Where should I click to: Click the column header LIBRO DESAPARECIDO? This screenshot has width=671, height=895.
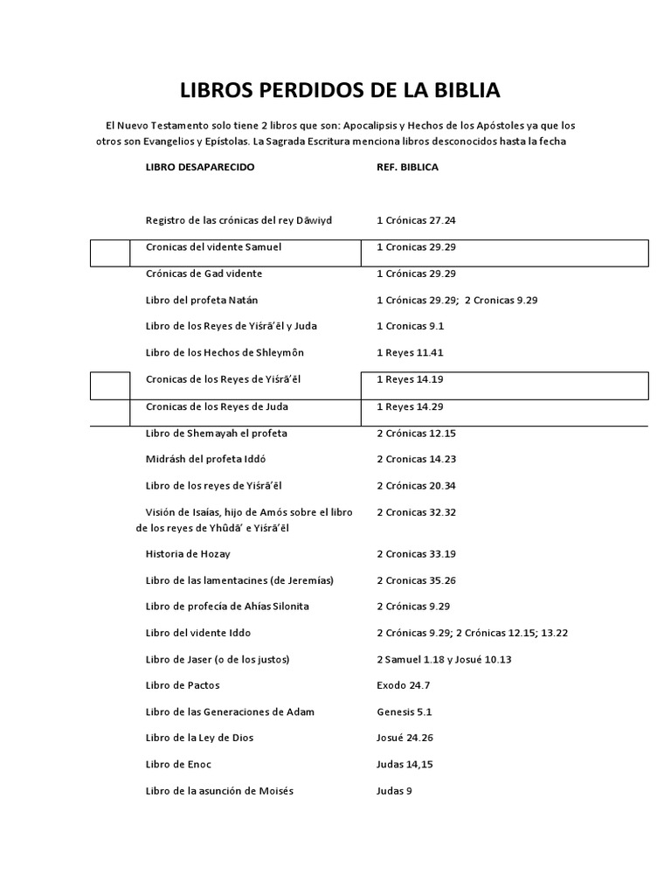(200, 167)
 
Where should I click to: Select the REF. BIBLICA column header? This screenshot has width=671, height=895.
(407, 167)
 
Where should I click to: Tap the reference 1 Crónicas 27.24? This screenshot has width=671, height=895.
(416, 220)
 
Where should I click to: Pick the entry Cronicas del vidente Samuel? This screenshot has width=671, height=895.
(213, 247)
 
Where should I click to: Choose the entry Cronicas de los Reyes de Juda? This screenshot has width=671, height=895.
(218, 406)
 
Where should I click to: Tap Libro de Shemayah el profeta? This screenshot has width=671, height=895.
(216, 433)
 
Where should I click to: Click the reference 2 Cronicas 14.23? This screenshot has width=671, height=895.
(416, 459)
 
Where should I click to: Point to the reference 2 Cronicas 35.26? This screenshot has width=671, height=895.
(416, 580)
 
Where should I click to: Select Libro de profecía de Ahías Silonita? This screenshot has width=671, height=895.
(227, 607)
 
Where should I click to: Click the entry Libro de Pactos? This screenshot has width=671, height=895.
(183, 685)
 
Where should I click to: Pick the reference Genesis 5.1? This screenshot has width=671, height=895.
(405, 711)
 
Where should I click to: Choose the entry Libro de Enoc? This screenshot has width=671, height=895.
(180, 764)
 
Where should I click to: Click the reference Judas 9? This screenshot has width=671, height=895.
(393, 791)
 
